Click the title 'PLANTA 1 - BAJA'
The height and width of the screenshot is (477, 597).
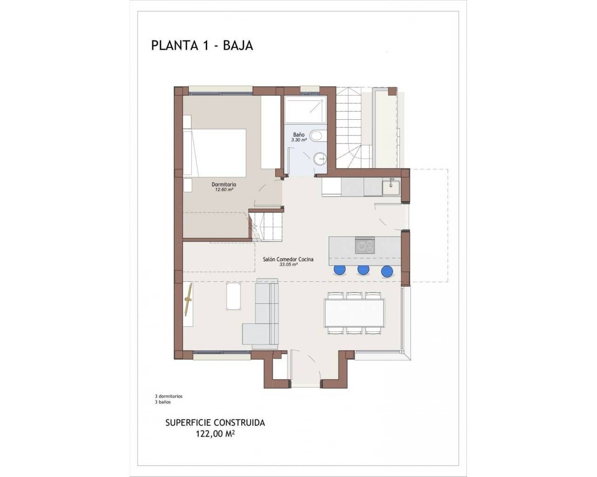click(x=202, y=46)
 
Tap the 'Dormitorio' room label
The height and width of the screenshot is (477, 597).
click(x=224, y=184)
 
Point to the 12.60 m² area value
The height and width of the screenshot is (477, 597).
click(x=224, y=190)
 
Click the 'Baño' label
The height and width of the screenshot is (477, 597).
click(x=299, y=135)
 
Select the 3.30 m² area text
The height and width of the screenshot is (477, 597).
click(x=299, y=140)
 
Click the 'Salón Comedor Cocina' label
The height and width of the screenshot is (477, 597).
click(x=288, y=259)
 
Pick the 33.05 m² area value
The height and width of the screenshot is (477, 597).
click(x=289, y=265)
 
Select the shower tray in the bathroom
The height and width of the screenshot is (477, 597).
click(x=305, y=110)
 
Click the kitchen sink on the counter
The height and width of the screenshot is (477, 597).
click(x=391, y=187)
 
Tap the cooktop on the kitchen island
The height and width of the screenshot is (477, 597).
click(x=365, y=246)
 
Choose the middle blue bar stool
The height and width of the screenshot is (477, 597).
click(x=363, y=270)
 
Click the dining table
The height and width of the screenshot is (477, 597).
click(x=354, y=313)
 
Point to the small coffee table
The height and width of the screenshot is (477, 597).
click(x=234, y=296)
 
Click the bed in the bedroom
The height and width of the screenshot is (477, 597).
click(x=215, y=153)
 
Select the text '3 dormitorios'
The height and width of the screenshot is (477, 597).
click(x=169, y=396)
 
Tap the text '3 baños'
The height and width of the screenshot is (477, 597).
click(x=163, y=402)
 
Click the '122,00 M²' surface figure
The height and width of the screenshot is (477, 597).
click(x=215, y=434)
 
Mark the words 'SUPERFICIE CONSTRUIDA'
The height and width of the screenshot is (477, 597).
click(x=215, y=423)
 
